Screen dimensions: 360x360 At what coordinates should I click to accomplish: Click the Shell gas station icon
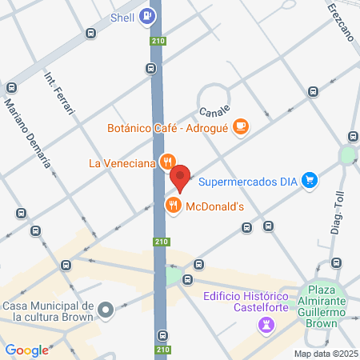[147, 15]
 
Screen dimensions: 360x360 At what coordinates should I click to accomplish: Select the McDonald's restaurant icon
[172, 206]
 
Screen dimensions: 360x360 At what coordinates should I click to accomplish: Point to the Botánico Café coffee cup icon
[244, 127]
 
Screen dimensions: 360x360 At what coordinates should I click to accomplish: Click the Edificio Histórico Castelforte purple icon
[266, 325]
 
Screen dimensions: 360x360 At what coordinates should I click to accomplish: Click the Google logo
[26, 350]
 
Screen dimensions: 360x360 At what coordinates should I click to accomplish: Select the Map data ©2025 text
[325, 354]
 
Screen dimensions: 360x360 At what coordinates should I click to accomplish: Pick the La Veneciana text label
[121, 164]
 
